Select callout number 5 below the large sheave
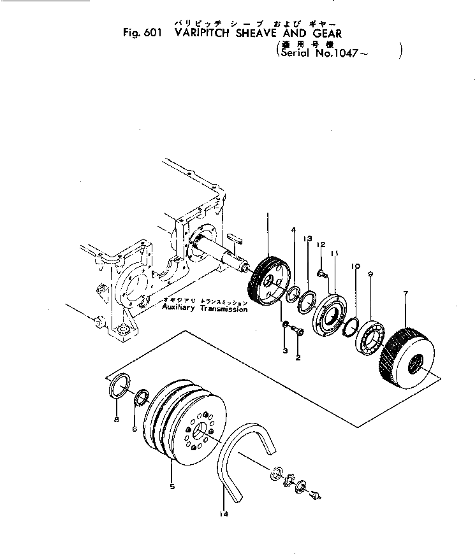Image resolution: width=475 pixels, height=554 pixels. click(x=172, y=487)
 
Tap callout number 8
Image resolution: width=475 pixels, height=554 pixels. click(x=115, y=420)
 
